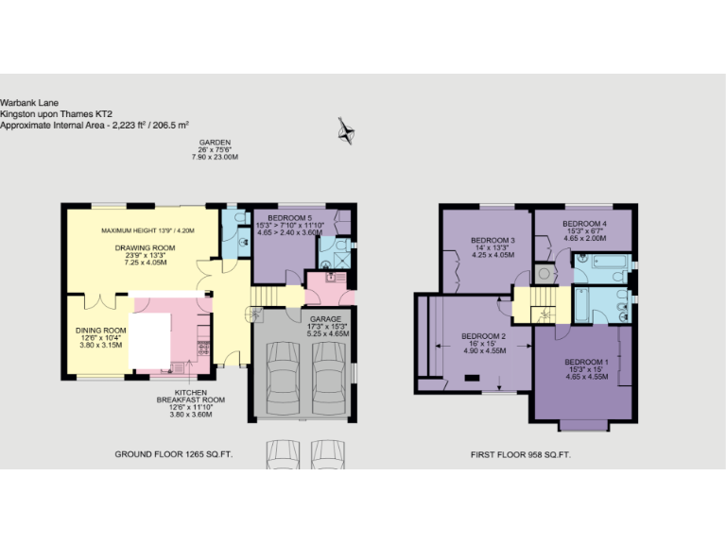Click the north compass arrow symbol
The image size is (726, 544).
[x=345, y=129]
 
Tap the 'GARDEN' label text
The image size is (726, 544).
[x=215, y=143]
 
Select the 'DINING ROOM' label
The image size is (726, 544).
[x=101, y=331]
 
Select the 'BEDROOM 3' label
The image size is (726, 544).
[x=493, y=241]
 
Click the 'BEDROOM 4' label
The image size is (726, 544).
[x=584, y=223]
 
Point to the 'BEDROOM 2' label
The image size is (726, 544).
[x=484, y=336]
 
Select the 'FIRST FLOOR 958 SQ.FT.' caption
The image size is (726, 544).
[x=520, y=454]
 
